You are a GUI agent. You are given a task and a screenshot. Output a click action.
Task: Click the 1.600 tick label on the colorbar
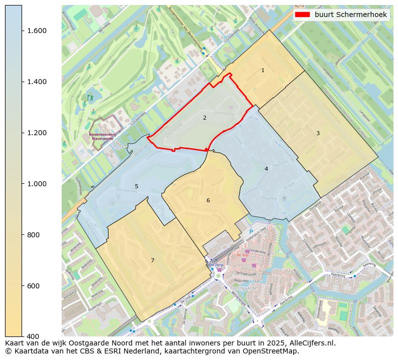pos(36,31)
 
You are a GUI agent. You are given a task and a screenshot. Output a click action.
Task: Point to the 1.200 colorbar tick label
pos(36,133)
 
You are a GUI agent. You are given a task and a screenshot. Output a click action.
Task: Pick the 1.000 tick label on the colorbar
pos(36,184)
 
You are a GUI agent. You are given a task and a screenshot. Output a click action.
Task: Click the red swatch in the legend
pos(302,15)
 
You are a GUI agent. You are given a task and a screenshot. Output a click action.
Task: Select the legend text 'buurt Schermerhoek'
pos(351,15)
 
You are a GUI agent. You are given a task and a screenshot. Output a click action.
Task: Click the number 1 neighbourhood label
pos(263,71)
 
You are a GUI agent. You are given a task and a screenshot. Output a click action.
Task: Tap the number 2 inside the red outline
pos(205,118)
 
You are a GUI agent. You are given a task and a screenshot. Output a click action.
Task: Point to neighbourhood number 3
pos(318,133)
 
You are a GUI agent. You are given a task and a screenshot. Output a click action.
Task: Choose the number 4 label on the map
pos(266,169)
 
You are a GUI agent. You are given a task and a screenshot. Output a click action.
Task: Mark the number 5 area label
pos(136,187)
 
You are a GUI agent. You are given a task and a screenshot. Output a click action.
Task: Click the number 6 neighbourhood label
pos(208,201)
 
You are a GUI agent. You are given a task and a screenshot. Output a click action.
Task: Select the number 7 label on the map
pos(152,260)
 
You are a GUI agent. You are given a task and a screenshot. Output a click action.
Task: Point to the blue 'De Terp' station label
pos(216,265)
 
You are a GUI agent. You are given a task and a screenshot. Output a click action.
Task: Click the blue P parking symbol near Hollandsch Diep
pos(251,232)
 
